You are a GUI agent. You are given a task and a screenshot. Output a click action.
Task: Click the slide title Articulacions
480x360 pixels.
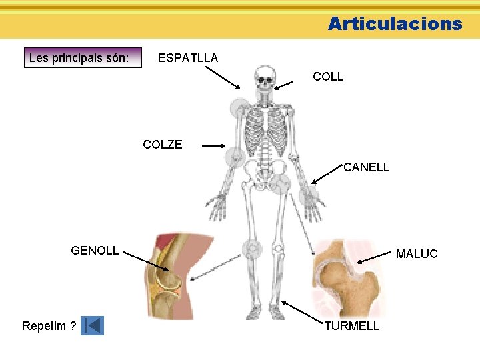pyautogui.click(x=395, y=24)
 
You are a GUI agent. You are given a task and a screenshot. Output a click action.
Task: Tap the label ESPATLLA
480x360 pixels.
pyautogui.click(x=187, y=58)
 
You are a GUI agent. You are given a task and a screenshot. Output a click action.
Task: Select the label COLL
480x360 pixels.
pyautogui.click(x=328, y=77)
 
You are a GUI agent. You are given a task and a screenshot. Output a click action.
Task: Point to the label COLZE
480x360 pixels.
pyautogui.click(x=162, y=145)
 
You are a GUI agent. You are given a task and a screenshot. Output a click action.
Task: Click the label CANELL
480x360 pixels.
pyautogui.click(x=366, y=167)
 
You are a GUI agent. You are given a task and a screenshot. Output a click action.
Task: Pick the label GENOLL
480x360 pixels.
pyautogui.click(x=95, y=251)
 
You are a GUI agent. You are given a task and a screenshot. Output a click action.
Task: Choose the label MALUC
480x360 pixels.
pyautogui.click(x=417, y=254)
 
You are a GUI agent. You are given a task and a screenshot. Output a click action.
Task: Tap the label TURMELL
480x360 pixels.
pyautogui.click(x=351, y=326)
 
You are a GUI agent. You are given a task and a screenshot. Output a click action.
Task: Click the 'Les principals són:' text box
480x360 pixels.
pyautogui.click(x=85, y=58)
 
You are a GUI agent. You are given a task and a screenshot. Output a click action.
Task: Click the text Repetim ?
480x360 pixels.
pyautogui.click(x=49, y=326)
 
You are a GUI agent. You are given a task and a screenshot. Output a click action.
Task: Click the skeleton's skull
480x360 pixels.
pyautogui.click(x=265, y=77)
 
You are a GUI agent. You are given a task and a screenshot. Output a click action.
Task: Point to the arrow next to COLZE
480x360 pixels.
pyautogui.click(x=213, y=145)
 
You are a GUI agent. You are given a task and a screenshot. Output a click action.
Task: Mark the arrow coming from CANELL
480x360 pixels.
pyautogui.click(x=327, y=173)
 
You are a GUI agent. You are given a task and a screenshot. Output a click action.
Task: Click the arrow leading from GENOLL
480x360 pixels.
pyautogui.click(x=146, y=263)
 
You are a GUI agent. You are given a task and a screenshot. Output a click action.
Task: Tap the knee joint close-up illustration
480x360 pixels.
pyautogui.click(x=170, y=277)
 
